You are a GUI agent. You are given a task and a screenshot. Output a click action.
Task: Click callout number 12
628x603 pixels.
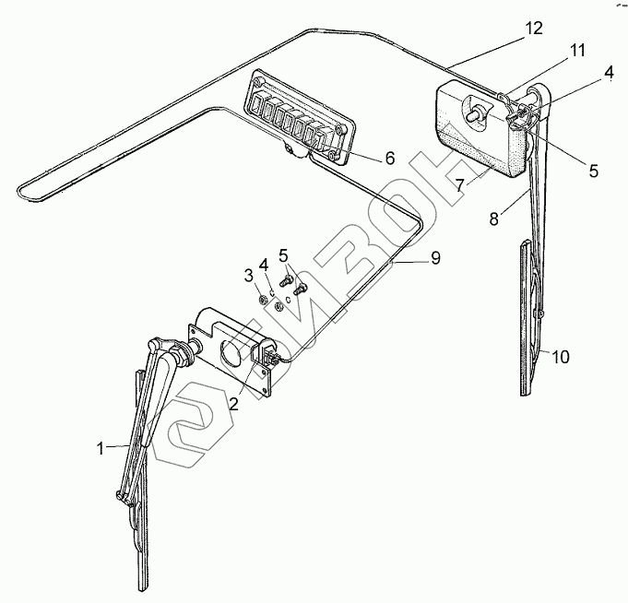coord(535,29)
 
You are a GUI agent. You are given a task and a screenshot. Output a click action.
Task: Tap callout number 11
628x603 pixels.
coord(577,51)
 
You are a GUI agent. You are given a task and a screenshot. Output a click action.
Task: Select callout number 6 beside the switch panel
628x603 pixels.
coord(389,159)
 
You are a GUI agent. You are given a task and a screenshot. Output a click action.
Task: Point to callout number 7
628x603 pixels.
coord(458,185)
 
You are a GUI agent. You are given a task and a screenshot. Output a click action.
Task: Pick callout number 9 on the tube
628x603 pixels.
coord(434,258)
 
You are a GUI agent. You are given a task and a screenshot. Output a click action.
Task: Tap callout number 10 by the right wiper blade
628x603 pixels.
coord(563,356)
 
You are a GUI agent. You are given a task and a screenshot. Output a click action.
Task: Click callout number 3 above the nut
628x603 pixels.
coord(248,276)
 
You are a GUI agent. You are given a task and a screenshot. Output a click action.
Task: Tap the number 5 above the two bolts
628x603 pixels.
coord(284,254)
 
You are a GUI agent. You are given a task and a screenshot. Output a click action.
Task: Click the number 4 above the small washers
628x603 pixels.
coord(265,261)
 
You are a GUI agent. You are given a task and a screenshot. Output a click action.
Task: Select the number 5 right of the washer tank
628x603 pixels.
coord(594,171)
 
